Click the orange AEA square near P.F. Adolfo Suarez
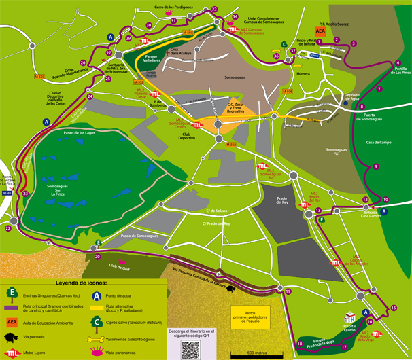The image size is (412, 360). point(320,31)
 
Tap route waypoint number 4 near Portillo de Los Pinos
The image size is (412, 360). point(398,63)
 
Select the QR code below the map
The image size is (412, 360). point(191,348)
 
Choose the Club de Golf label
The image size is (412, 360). point(118,266)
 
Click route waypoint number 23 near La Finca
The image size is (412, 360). point(25,194)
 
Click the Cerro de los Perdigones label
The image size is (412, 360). point(173,7)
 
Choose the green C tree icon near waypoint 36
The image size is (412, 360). point(282,45)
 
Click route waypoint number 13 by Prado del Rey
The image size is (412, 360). point(318,211)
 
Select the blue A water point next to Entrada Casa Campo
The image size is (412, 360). point(383,211)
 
